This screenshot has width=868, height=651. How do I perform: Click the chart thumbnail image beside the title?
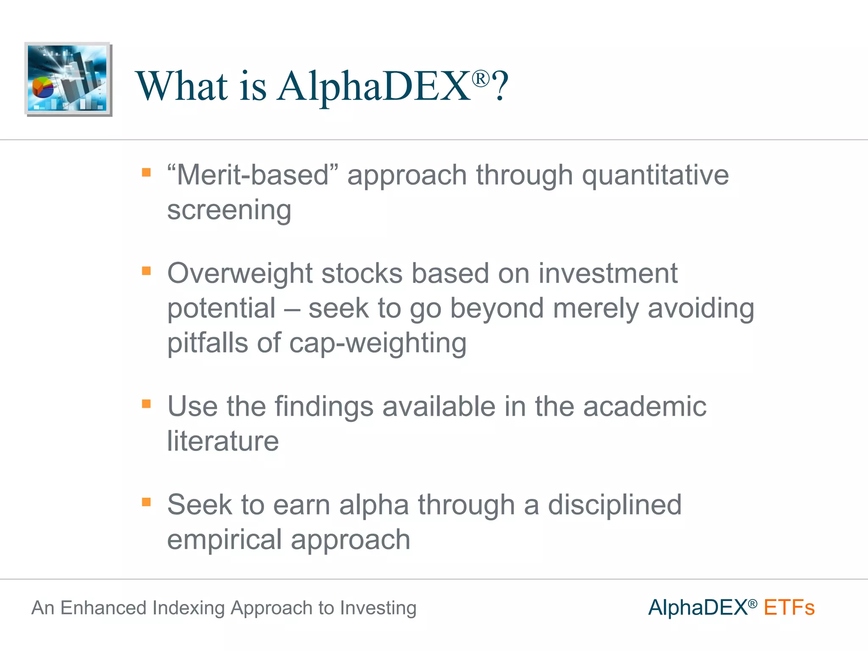(68, 79)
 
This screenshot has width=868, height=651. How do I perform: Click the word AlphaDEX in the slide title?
(373, 86)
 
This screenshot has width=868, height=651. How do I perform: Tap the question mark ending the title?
(501, 86)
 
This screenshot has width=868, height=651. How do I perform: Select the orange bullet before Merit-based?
(146, 172)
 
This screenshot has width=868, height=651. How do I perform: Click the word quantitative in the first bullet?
(655, 175)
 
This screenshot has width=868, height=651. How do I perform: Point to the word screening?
(229, 210)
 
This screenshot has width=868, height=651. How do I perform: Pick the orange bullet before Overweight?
(146, 270)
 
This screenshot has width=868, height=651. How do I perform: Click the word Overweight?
(239, 273)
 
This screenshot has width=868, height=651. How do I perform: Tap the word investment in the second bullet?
(608, 273)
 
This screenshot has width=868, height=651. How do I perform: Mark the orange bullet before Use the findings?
(146, 403)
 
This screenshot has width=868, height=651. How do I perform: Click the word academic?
(644, 406)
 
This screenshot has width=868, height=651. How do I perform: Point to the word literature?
(223, 441)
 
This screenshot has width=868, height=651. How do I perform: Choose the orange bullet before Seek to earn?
(146, 502)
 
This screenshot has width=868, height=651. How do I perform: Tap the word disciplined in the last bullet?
(614, 505)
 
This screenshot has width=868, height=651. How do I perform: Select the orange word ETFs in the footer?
(789, 608)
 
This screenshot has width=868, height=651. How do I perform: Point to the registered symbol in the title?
(481, 79)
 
